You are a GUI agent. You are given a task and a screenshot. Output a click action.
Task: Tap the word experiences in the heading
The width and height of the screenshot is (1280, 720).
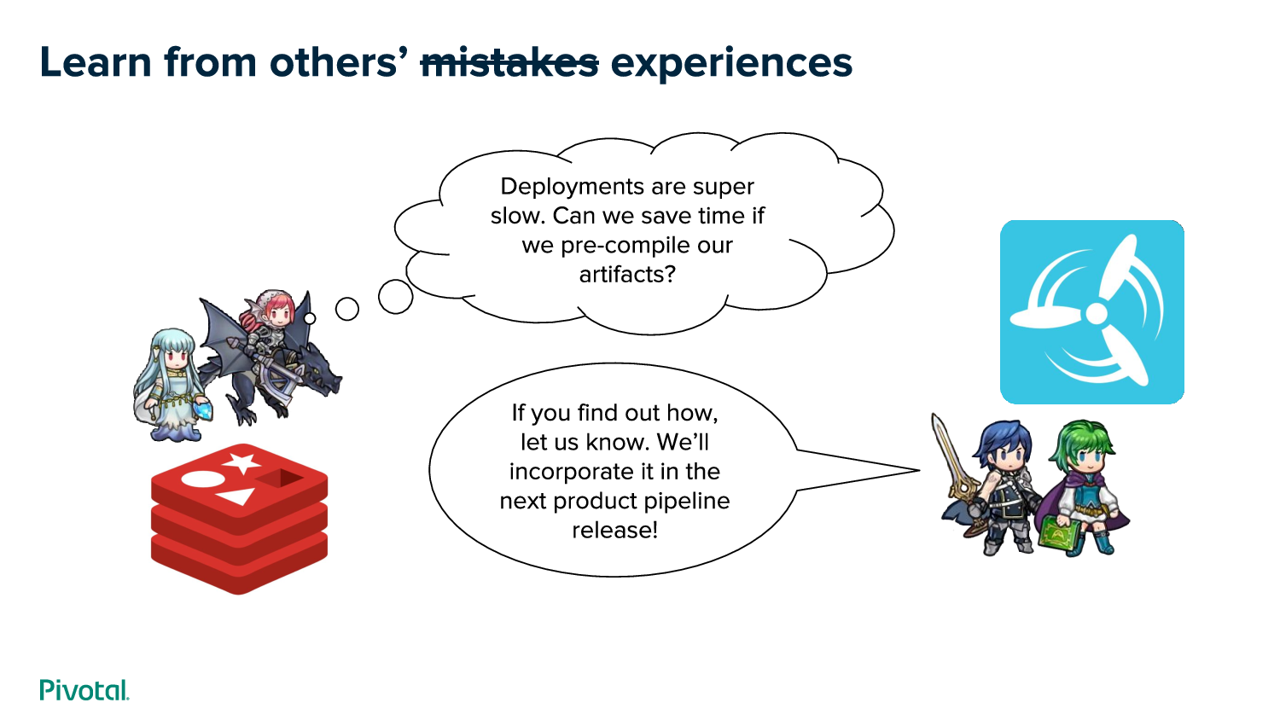[731, 64]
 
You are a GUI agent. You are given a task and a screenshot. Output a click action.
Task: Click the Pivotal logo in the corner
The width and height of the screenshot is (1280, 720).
[84, 689]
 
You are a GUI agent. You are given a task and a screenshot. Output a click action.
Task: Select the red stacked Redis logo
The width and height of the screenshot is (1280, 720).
[240, 519]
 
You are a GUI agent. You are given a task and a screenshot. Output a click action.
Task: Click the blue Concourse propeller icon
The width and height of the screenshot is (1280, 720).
[1092, 312]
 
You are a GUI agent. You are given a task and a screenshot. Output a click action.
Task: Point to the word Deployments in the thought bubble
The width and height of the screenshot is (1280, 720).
[591, 188]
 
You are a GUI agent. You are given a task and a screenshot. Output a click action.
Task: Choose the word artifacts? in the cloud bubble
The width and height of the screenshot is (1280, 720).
[627, 275]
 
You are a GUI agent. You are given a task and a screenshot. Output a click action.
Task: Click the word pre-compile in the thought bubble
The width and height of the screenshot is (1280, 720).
[625, 247]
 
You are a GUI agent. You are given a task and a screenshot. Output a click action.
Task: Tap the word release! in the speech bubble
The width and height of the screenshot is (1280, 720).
[615, 530]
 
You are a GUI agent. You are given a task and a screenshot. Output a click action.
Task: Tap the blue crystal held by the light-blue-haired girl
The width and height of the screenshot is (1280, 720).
[203, 411]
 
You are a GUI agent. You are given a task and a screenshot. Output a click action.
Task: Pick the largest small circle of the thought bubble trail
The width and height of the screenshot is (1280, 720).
[395, 297]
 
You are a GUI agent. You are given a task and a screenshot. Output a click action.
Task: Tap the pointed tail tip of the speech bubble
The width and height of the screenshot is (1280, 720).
[919, 470]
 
